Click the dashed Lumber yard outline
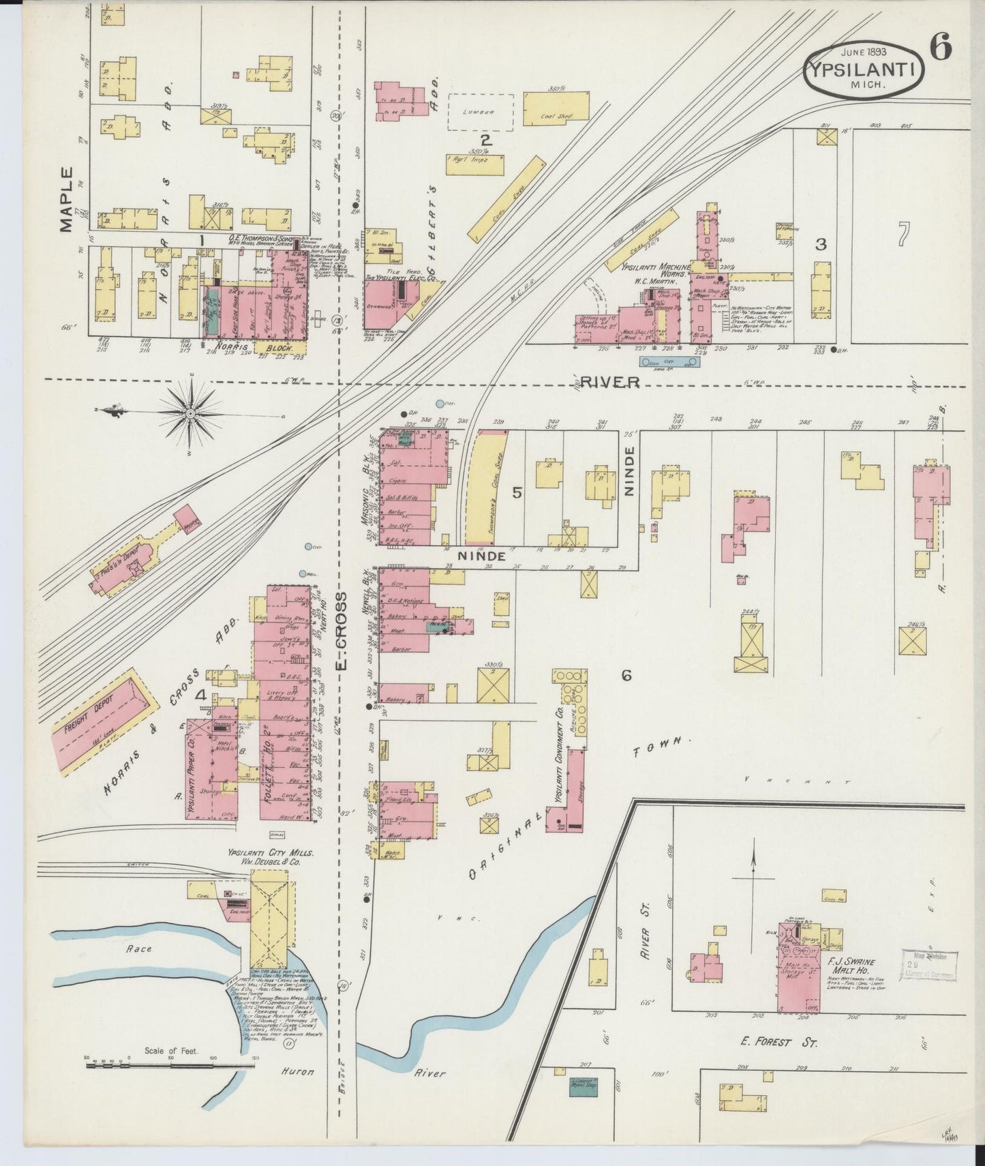tap(480, 113)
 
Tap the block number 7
tap(903, 235)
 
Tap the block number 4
tap(202, 696)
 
